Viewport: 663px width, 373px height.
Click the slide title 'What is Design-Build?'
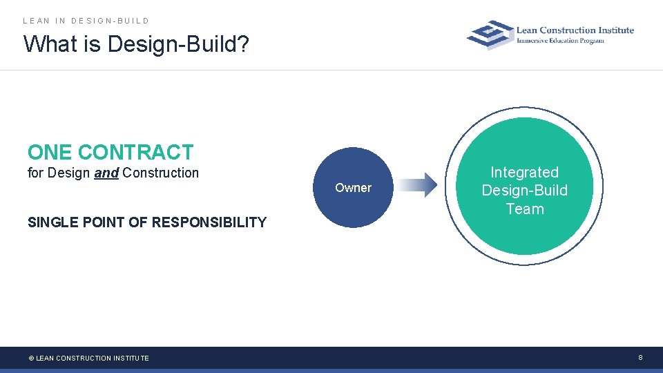136,45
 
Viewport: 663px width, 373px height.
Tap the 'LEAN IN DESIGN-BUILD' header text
86,21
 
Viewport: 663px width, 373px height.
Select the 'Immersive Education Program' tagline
560,41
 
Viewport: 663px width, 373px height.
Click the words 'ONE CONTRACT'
110,152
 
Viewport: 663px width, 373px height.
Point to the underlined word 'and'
106,173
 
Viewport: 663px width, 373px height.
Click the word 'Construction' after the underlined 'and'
160,173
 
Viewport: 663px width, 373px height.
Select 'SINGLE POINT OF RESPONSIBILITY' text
146,222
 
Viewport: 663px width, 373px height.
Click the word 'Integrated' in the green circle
524,172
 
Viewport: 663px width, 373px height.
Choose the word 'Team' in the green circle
524,209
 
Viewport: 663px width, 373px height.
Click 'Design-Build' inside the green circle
524,191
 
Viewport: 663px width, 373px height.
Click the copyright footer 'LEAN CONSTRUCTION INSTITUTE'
92,358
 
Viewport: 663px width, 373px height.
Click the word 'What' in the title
47,45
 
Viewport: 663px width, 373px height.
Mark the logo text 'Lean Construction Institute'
575,30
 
